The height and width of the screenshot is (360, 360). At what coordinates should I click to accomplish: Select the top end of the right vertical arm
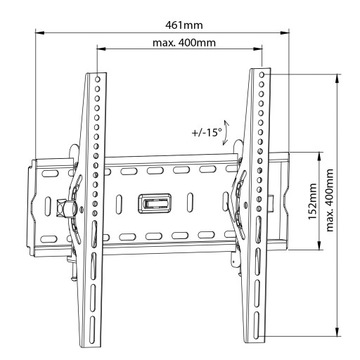(x=259, y=76)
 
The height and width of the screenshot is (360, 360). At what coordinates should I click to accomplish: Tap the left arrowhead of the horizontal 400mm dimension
(x=99, y=58)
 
